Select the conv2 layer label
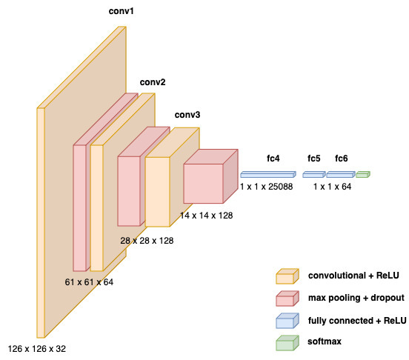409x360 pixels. click(x=153, y=81)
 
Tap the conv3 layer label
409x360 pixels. click(x=187, y=116)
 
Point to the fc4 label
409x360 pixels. click(x=273, y=159)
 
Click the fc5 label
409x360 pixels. click(x=314, y=159)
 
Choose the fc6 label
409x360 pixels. click(x=341, y=159)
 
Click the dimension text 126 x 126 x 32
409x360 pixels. click(x=41, y=348)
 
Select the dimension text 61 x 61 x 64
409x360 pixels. click(x=90, y=281)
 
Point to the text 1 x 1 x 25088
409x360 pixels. click(x=267, y=187)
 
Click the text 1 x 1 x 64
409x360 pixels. click(x=332, y=187)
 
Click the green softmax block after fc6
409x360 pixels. click(x=362, y=175)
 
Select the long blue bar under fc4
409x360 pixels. click(x=267, y=175)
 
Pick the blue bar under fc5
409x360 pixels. click(x=313, y=175)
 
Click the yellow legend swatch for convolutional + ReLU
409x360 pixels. click(x=285, y=277)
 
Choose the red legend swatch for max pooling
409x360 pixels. click(x=285, y=298)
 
